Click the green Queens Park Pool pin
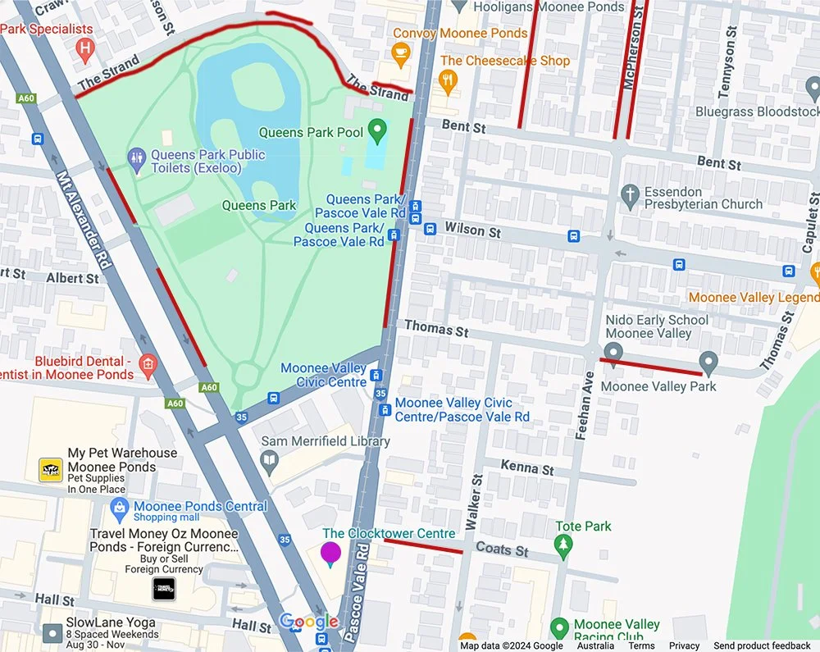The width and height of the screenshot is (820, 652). [376, 129]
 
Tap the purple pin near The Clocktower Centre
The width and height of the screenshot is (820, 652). [330, 554]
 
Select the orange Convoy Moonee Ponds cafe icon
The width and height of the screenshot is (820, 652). [400, 55]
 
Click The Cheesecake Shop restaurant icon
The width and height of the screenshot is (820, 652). [447, 80]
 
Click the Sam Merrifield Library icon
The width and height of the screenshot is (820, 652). [269, 463]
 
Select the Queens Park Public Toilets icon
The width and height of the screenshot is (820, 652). [137, 156]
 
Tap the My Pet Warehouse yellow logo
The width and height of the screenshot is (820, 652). [51, 470]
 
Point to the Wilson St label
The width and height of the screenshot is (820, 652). [472, 230]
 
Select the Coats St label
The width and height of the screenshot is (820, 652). [502, 550]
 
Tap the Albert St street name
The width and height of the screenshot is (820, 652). [72, 278]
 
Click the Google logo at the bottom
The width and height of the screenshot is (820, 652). [308, 622]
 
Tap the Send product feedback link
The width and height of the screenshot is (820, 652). [762, 645]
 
